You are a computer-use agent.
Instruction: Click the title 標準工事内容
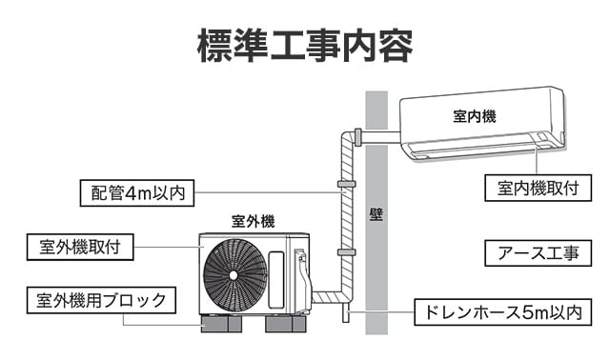tap(304, 44)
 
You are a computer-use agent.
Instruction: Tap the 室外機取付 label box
tap(80, 247)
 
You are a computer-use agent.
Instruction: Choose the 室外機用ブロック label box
tap(100, 301)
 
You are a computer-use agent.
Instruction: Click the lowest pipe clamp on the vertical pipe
tap(345, 251)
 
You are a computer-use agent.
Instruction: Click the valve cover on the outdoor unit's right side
tap(302, 280)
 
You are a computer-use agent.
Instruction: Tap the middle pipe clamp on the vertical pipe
tap(345, 181)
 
